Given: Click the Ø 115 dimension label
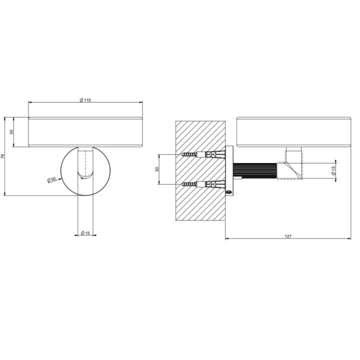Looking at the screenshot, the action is pyautogui.click(x=85, y=100).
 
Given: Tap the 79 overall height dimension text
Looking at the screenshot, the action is pyautogui.click(x=3, y=156).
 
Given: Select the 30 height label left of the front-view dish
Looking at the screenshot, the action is pyautogui.click(x=11, y=132).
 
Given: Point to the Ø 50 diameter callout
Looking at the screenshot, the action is pyautogui.click(x=51, y=179).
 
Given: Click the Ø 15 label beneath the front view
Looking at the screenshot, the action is pyautogui.click(x=85, y=233).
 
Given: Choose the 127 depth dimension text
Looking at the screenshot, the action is pyautogui.click(x=288, y=236).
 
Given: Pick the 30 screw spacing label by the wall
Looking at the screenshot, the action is pyautogui.click(x=157, y=169).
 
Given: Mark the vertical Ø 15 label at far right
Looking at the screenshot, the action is pyautogui.click(x=333, y=170).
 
